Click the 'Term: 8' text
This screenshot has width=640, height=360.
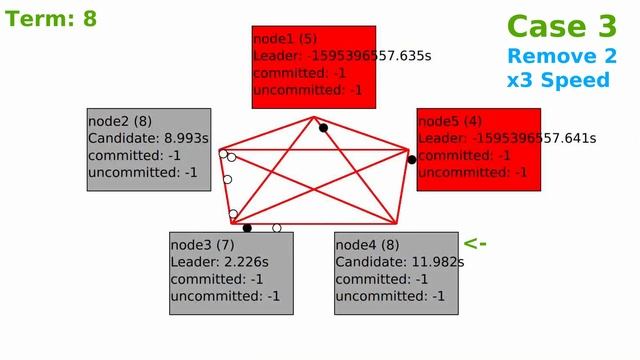50,18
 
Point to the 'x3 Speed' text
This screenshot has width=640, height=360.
558,80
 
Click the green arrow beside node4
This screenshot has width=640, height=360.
475,243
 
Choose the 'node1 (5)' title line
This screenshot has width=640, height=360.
285,38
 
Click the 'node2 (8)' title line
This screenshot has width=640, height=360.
120,120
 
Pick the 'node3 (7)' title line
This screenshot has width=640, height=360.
202,244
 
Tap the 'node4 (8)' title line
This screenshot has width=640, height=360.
367,244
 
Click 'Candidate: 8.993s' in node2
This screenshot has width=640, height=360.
148,138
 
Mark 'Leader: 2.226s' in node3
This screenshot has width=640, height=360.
219,262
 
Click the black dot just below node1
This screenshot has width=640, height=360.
323,128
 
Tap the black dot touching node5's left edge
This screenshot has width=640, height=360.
412,159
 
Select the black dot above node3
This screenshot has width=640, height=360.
247,228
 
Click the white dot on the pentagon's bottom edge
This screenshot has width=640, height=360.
277,228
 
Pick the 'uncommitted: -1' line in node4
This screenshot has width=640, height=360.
390,296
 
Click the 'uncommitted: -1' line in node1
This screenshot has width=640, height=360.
307,90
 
